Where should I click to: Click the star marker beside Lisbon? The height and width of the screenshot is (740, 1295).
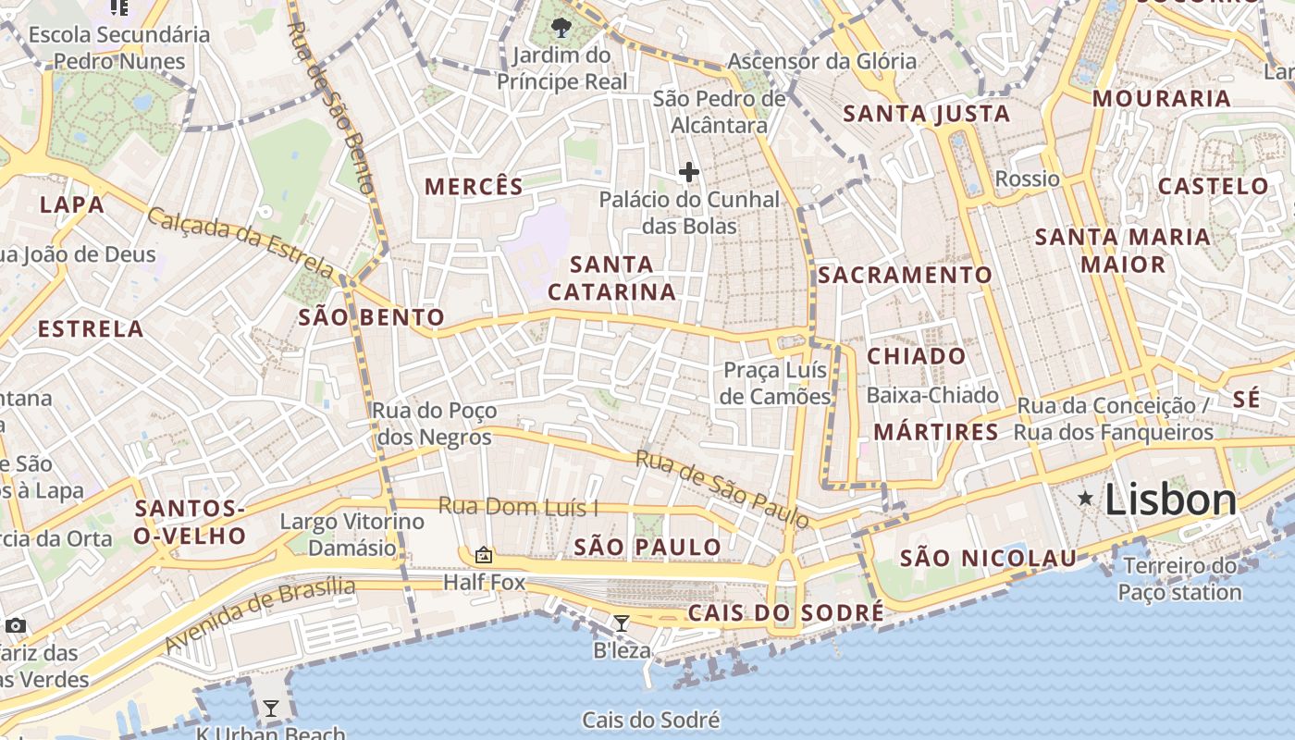click(x=1085, y=499)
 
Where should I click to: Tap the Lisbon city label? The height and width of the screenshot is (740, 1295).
click(x=1170, y=500)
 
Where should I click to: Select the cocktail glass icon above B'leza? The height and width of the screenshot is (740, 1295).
click(x=622, y=623)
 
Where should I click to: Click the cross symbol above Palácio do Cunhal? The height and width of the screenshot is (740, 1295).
click(x=688, y=172)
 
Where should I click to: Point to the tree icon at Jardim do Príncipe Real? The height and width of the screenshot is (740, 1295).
click(x=561, y=27)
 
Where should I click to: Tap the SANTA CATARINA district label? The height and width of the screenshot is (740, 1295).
click(x=611, y=278)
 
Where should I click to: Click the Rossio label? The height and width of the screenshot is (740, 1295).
click(x=1027, y=179)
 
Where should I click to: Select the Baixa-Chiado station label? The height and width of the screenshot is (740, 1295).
click(x=932, y=395)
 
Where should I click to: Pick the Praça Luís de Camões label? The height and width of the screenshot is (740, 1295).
click(x=775, y=383)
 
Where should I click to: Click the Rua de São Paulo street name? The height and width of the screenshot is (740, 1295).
click(x=721, y=488)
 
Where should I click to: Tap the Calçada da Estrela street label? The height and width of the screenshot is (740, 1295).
click(x=240, y=243)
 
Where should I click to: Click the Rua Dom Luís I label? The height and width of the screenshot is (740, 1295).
click(x=518, y=506)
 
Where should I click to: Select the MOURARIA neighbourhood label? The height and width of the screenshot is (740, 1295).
click(x=1162, y=99)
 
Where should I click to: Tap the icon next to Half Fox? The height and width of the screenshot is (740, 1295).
click(x=483, y=555)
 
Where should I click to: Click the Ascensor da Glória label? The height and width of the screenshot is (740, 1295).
click(x=821, y=62)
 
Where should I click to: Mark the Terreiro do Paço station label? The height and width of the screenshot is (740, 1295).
click(x=1179, y=578)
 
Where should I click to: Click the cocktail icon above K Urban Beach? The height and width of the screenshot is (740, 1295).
click(x=270, y=709)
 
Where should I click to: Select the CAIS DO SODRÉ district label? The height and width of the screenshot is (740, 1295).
click(x=785, y=612)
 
